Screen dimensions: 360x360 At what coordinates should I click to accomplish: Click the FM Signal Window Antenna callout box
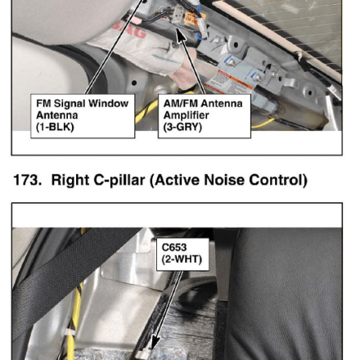(83, 116)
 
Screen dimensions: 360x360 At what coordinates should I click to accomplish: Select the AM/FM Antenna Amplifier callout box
(205, 116)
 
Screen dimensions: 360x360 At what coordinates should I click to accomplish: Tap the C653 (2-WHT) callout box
(182, 254)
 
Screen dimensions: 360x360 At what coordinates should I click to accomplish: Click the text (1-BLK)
(55, 127)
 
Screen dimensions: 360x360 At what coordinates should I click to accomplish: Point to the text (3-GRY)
(182, 127)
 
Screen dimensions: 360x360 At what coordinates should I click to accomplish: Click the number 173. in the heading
(27, 180)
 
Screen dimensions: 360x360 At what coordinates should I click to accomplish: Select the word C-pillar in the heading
(119, 180)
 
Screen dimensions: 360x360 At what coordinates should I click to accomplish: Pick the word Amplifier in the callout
(187, 115)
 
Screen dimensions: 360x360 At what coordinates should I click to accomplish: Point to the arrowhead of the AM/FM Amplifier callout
(180, 35)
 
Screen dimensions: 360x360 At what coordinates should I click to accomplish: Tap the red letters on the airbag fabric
(131, 30)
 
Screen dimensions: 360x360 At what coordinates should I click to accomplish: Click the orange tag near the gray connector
(192, 19)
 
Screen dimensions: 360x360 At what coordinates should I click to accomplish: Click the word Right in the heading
(70, 180)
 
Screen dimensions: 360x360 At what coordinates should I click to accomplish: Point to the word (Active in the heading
(175, 180)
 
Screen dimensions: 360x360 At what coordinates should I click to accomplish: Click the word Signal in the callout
(69, 104)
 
